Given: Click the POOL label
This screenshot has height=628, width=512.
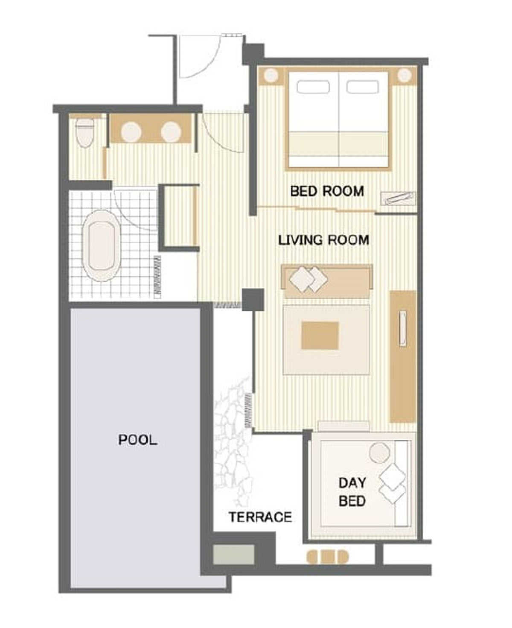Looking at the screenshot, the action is (137, 440).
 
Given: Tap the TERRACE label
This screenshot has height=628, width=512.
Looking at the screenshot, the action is (260, 517).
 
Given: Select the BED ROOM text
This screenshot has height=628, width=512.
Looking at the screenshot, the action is (327, 191).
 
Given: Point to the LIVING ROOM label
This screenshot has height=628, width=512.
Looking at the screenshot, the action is (323, 240).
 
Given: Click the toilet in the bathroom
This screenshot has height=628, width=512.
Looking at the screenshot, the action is (85, 132).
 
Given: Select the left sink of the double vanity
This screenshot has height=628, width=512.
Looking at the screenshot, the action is (131, 131).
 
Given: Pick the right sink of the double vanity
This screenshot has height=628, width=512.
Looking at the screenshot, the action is (171, 131).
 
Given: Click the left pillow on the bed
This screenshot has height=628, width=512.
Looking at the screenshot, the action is (313, 87).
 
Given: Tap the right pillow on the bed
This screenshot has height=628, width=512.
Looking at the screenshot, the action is (363, 87).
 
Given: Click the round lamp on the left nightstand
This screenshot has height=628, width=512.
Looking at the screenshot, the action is (271, 75).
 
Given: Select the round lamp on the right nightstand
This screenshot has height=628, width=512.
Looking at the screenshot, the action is (404, 75).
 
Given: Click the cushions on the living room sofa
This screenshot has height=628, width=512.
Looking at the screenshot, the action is (308, 279).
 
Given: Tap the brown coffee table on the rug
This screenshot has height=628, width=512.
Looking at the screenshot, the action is (320, 335).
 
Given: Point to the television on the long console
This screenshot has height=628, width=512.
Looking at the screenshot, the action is (403, 329).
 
